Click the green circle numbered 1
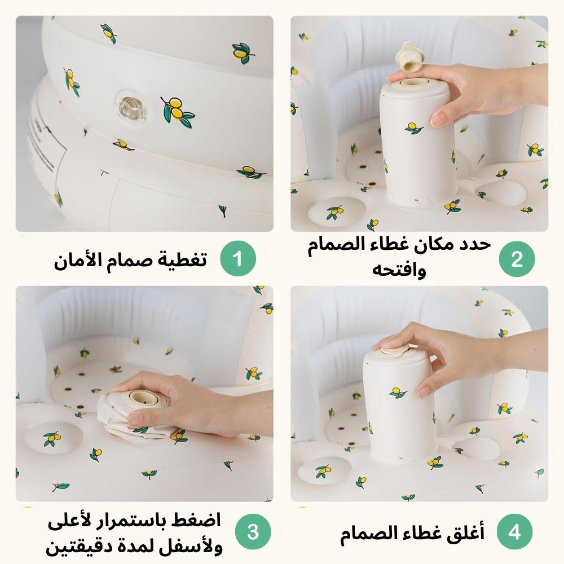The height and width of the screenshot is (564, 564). point(238,259)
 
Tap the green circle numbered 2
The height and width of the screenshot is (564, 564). point(517,259)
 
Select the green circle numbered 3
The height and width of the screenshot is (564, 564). point(253,532)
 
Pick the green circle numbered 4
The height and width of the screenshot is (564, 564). point(514,532)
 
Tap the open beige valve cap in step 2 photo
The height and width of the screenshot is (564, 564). point(408,57)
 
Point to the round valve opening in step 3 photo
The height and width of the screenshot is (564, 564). point(143,398)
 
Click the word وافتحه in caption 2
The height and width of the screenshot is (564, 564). point(399,270)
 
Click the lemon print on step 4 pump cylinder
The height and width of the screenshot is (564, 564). point(398,393)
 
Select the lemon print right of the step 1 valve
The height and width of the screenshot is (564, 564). point(177,112)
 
